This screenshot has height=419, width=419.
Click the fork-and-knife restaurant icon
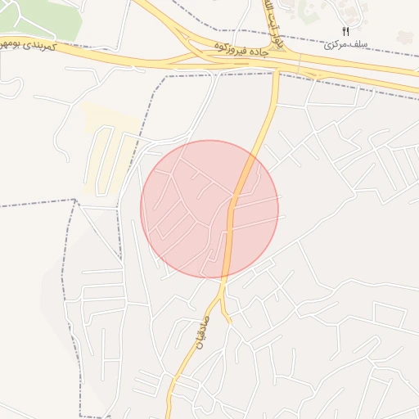345,30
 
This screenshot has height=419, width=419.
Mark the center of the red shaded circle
209,209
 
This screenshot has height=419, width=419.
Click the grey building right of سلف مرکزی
404,36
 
